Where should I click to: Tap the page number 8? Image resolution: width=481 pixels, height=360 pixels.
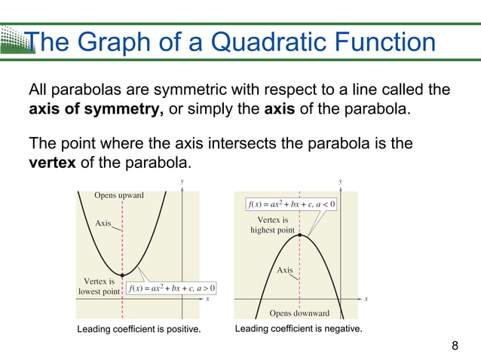tap(455, 346)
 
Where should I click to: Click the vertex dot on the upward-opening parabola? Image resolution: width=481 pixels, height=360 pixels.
tap(122, 276)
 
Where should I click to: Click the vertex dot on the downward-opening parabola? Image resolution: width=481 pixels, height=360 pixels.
tap(300, 235)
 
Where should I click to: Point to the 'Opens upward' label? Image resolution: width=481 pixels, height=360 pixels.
tap(118, 195)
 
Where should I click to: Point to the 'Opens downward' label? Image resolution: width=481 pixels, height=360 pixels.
tap(299, 313)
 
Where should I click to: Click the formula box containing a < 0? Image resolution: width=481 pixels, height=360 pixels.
tap(292, 203)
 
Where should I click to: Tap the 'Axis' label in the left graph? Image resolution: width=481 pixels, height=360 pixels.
tap(103, 223)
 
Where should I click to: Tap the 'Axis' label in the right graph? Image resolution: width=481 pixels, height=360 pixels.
tap(284, 270)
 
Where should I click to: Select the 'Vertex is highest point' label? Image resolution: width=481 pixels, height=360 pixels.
tap(272, 225)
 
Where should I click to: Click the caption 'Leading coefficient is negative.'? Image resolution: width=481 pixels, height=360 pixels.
tap(299, 329)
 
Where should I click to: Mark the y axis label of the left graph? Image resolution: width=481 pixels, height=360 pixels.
tap(182, 182)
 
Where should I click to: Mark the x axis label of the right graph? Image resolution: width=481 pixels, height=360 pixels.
tap(366, 298)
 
